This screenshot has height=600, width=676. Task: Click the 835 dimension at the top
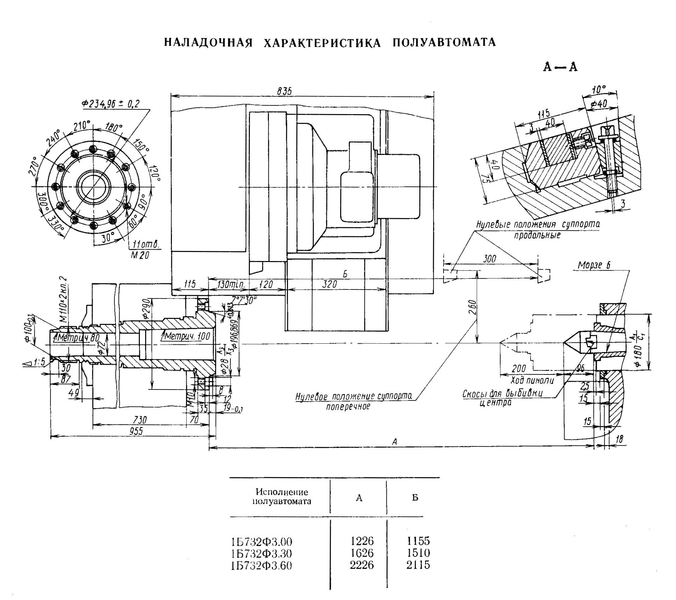[x=284, y=91]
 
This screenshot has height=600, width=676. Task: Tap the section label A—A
[x=560, y=67]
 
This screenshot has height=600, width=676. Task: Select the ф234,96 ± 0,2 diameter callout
[x=110, y=104]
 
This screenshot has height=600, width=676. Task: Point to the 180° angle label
[x=114, y=127]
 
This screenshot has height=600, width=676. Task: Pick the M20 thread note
[x=140, y=255]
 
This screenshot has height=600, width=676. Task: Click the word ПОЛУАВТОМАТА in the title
[x=444, y=42]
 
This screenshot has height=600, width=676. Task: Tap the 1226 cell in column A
[x=362, y=541]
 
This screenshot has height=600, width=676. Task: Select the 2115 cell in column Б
[x=418, y=565]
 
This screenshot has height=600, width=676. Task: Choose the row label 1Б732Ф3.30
[x=261, y=553]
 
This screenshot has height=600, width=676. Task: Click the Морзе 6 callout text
[x=594, y=265]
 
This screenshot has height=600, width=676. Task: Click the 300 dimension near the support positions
[x=490, y=259]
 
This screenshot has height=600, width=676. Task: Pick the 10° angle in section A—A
[x=598, y=89]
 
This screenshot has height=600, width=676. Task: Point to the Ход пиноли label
[x=532, y=380]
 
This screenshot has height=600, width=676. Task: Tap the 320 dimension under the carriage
[x=329, y=284]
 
